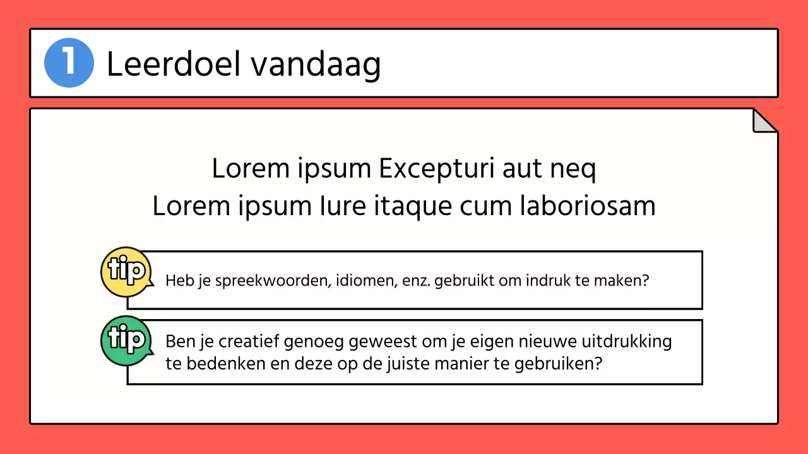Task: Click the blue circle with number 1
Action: pos(69,63)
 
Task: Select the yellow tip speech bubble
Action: pos(126,272)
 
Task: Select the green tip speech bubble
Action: pos(126,340)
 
